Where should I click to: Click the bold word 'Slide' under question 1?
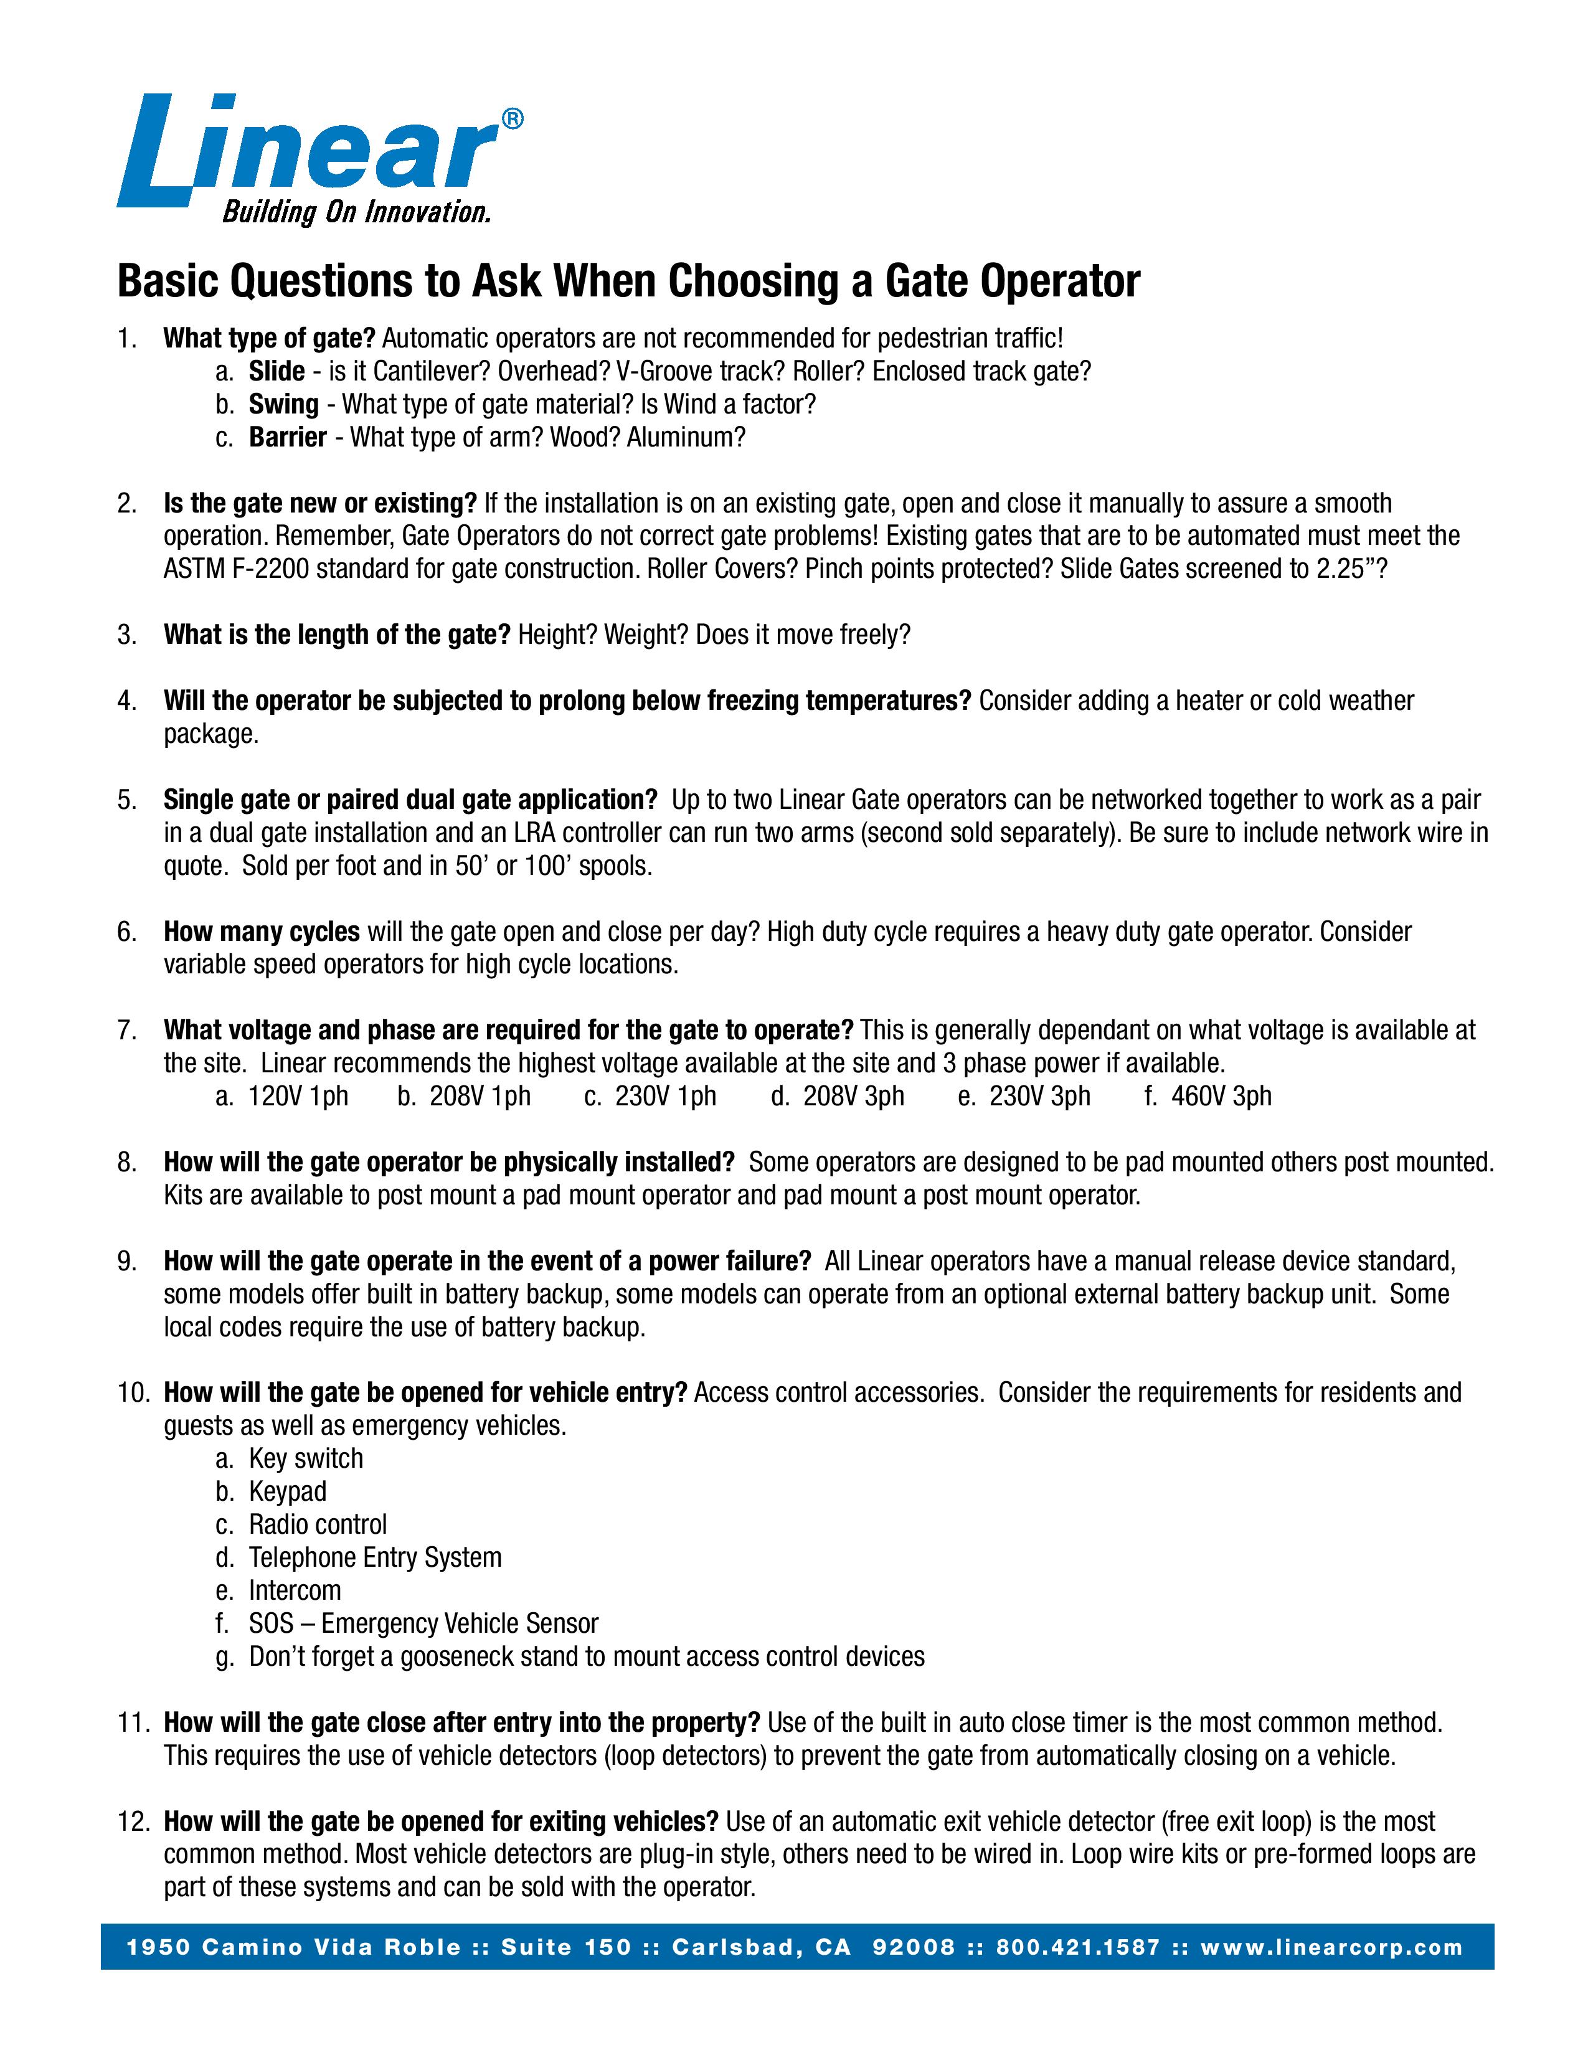coord(276,372)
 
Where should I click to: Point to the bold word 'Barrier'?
coord(287,438)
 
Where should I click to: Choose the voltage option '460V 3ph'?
coord(1221,1096)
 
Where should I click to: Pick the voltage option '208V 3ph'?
coord(853,1096)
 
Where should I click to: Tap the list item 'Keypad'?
coord(288,1491)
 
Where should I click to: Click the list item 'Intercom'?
coord(295,1590)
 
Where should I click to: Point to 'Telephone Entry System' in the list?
coord(374,1557)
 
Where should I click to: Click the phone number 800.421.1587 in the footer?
coord(1078,1948)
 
